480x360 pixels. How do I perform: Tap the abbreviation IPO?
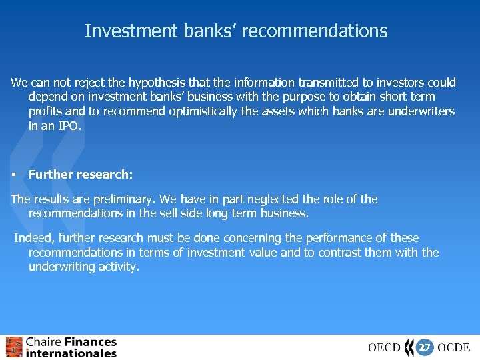(x=69, y=125)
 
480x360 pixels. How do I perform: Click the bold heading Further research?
(x=81, y=175)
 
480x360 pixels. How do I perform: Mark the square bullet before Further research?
(x=13, y=175)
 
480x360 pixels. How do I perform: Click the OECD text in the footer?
(x=384, y=348)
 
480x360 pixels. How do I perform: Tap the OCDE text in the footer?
(x=454, y=348)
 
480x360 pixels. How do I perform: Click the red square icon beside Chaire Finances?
(x=14, y=347)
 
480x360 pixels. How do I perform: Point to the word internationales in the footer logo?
(x=71, y=353)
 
